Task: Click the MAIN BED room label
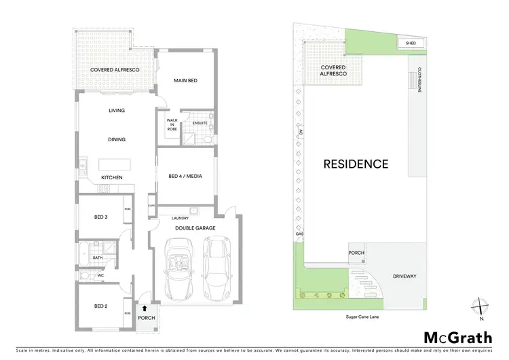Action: (x=185, y=81)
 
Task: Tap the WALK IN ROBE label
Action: (x=172, y=124)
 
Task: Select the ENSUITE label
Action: (x=200, y=122)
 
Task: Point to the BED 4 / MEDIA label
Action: (x=186, y=177)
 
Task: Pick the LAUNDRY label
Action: (x=180, y=218)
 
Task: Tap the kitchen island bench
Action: (x=113, y=165)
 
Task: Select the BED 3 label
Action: (x=102, y=217)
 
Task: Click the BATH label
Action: (x=98, y=257)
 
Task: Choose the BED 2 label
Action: (x=102, y=306)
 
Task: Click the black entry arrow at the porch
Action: (x=144, y=308)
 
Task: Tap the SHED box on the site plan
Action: (x=411, y=43)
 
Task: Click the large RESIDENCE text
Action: (x=356, y=164)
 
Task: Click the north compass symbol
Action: (x=480, y=307)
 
